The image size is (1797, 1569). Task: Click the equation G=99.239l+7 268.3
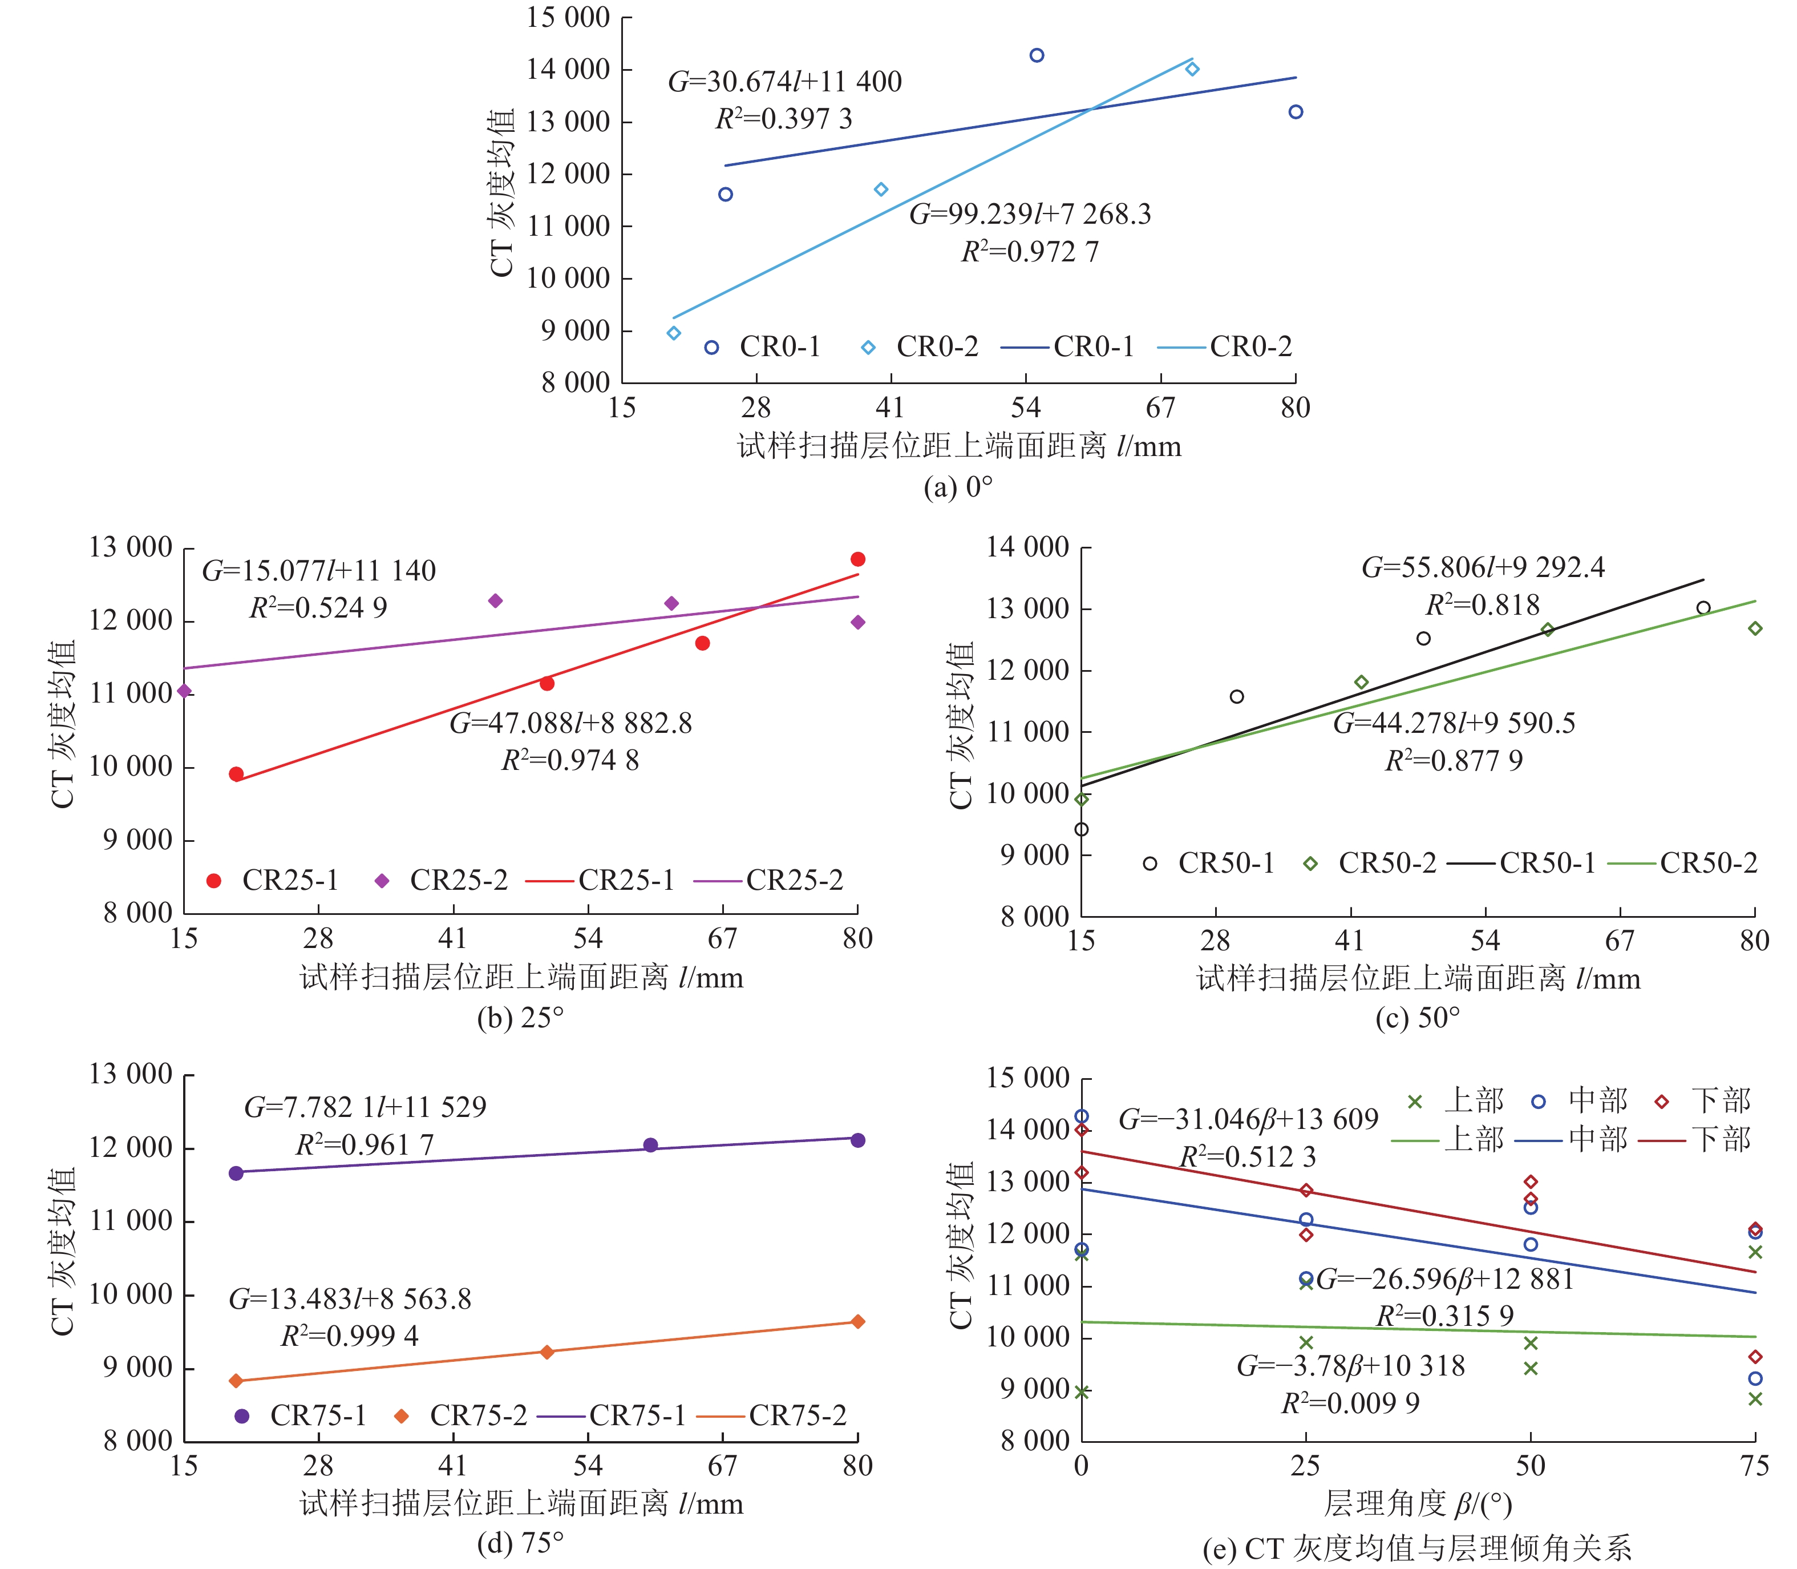(1030, 215)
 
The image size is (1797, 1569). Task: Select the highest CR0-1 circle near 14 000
(1037, 56)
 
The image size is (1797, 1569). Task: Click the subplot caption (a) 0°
(958, 487)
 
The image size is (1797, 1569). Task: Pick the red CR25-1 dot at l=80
(858, 559)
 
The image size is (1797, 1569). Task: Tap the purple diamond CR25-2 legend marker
(382, 881)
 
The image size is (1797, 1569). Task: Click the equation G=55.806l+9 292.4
(1483, 567)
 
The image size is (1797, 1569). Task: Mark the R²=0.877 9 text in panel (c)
(1453, 761)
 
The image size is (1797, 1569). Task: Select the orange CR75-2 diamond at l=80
(858, 1321)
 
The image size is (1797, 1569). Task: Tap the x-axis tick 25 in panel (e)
(1305, 1466)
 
